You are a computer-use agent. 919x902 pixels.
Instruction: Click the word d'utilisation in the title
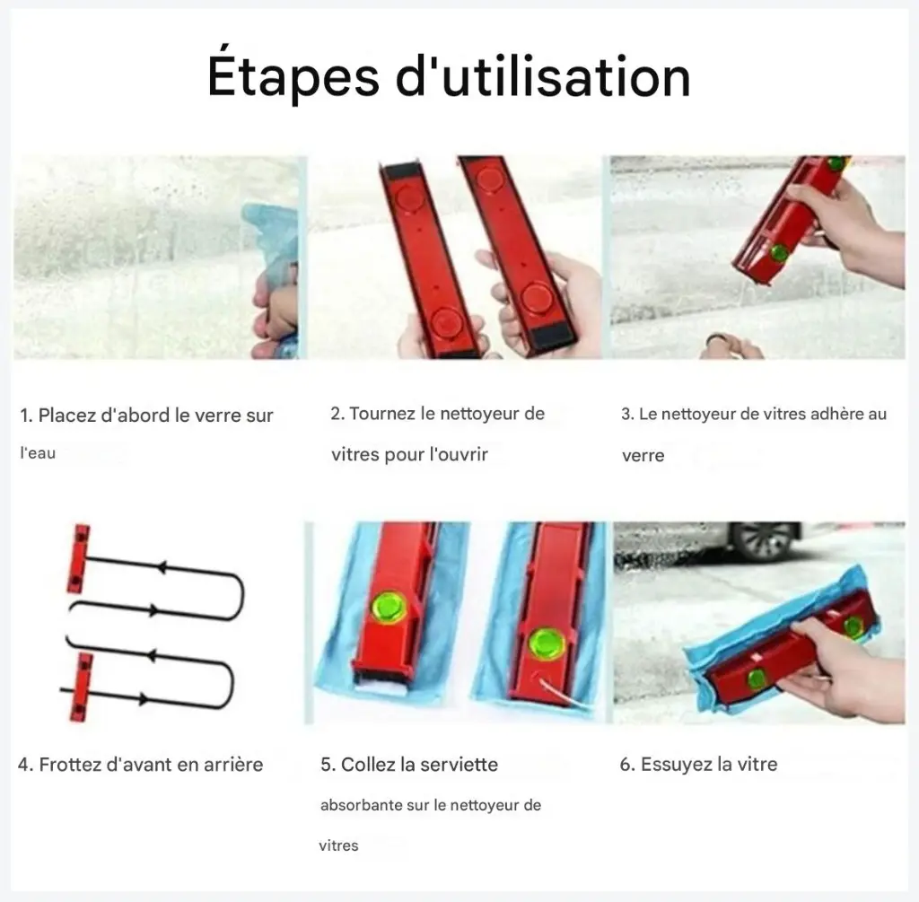(543, 75)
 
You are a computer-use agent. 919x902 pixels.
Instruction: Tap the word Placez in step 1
(66, 415)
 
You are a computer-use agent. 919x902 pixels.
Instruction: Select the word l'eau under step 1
(38, 453)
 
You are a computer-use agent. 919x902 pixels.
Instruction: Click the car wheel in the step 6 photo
(763, 540)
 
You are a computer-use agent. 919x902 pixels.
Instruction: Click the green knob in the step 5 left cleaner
(389, 608)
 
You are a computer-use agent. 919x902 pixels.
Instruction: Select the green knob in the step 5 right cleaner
(547, 644)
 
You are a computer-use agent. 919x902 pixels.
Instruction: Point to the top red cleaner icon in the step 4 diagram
(80, 558)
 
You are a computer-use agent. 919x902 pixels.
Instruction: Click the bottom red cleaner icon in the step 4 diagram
(82, 686)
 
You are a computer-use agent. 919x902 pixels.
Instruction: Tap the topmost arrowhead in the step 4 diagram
(162, 567)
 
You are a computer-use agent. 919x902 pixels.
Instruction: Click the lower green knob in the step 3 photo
(780, 253)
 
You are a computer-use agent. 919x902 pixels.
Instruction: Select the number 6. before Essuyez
(627, 765)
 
